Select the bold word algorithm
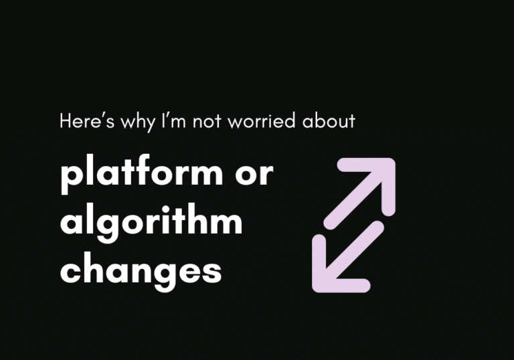(151, 223)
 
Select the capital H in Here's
(65, 122)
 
